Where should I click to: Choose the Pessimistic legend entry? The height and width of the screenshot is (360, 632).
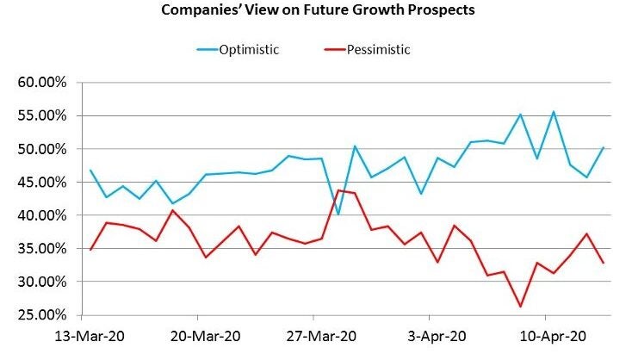coord(379,49)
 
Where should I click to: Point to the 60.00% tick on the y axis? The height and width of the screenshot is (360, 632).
coord(42,83)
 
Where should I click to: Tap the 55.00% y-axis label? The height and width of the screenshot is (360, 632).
coord(42,116)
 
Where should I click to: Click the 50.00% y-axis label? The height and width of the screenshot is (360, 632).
coord(42,149)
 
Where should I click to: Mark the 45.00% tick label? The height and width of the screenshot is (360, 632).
coord(42,183)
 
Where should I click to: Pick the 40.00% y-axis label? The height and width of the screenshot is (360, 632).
coord(42,215)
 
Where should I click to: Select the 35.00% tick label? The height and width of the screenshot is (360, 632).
coord(42,249)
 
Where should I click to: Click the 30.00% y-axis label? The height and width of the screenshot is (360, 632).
coord(42,282)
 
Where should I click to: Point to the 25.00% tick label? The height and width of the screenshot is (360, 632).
coord(42,315)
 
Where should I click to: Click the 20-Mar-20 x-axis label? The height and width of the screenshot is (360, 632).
coord(196,335)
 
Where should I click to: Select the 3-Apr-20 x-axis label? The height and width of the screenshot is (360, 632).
coord(437,335)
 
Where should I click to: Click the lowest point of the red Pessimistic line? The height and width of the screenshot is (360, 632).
coord(520,306)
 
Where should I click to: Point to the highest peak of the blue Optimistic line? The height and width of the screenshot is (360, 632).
coord(553,111)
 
